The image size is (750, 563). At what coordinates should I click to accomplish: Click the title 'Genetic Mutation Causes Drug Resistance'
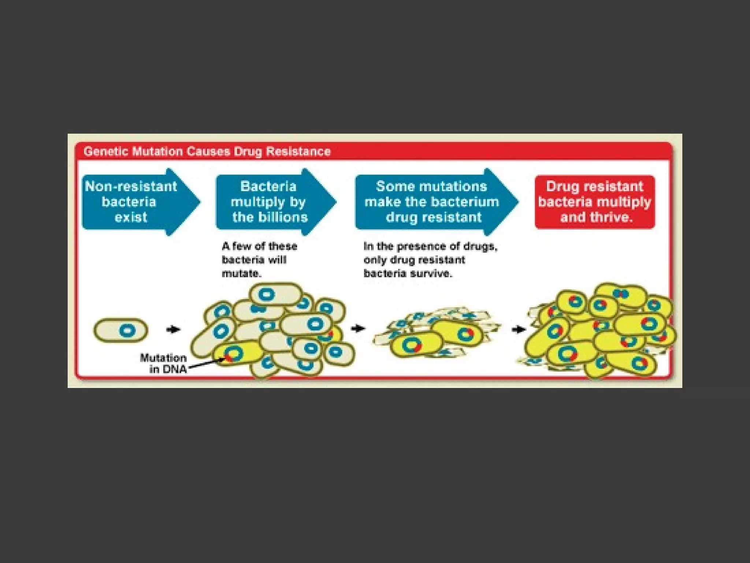pyautogui.click(x=207, y=151)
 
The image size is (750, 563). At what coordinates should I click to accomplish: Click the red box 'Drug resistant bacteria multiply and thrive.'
pyautogui.click(x=594, y=202)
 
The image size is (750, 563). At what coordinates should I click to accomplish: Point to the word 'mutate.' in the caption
pyautogui.click(x=242, y=273)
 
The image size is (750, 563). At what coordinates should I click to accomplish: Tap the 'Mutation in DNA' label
pyautogui.click(x=163, y=363)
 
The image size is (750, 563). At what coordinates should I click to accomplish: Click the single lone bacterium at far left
pyautogui.click(x=121, y=330)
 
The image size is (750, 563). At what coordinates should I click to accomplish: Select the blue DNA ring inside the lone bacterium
pyautogui.click(x=127, y=330)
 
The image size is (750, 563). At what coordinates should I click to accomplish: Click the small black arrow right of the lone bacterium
pyautogui.click(x=173, y=330)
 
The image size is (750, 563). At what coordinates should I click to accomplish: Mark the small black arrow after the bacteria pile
pyautogui.click(x=358, y=328)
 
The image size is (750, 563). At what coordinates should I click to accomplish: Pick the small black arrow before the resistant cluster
pyautogui.click(x=519, y=330)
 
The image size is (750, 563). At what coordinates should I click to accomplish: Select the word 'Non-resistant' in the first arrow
pyautogui.click(x=131, y=187)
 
